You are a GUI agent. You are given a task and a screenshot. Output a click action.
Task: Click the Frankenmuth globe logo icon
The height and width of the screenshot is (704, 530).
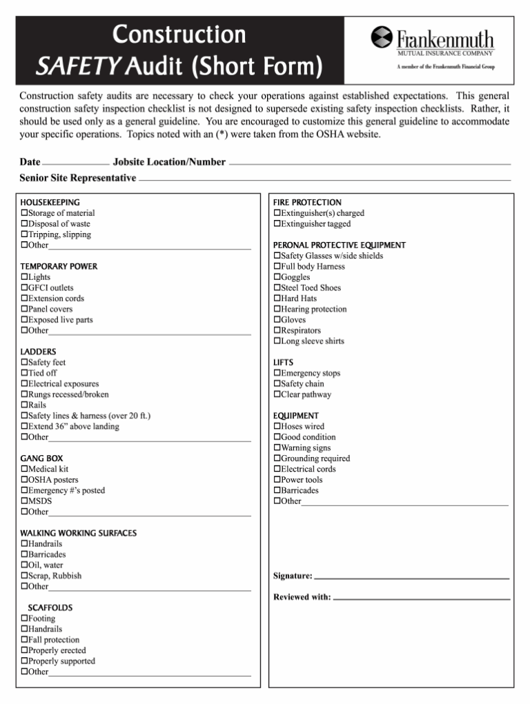(x=382, y=38)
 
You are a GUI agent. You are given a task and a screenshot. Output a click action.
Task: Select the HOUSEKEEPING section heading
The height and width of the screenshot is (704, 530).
(x=50, y=202)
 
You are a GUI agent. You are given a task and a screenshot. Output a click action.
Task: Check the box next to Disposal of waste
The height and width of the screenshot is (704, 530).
(x=24, y=224)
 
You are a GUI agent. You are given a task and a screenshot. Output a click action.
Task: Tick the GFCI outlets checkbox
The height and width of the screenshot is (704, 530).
(x=24, y=288)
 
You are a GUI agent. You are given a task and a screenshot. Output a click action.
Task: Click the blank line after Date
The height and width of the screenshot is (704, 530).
(x=75, y=165)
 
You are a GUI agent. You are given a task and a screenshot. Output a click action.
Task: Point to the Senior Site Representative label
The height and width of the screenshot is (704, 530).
(x=78, y=178)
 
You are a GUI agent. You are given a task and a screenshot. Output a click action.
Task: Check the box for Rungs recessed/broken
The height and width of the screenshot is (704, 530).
(x=24, y=395)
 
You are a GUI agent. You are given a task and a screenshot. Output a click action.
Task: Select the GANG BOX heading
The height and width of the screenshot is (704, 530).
(x=41, y=459)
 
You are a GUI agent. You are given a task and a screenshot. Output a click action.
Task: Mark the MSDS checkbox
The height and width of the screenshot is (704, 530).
(x=24, y=501)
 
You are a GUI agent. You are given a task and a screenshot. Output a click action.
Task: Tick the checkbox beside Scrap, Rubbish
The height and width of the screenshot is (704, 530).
(x=24, y=576)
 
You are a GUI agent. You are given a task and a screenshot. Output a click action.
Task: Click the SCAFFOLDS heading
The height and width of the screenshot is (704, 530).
(x=50, y=607)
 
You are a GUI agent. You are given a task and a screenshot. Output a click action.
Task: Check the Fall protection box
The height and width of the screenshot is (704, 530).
(x=24, y=640)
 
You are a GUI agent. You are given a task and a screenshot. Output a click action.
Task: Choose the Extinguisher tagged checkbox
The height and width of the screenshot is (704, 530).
(x=277, y=224)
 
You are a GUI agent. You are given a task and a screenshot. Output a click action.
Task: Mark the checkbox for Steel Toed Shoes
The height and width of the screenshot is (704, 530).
(x=277, y=288)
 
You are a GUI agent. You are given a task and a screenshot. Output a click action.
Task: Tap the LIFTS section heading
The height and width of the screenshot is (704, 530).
(x=283, y=362)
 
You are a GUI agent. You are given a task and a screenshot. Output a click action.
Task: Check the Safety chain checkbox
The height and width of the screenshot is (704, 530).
(x=277, y=384)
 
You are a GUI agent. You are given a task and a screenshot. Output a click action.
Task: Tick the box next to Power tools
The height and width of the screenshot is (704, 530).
(x=277, y=480)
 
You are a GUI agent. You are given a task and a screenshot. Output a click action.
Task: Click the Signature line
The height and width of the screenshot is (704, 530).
(x=411, y=577)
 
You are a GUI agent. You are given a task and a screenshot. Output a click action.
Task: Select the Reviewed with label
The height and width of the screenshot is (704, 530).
(x=302, y=597)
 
